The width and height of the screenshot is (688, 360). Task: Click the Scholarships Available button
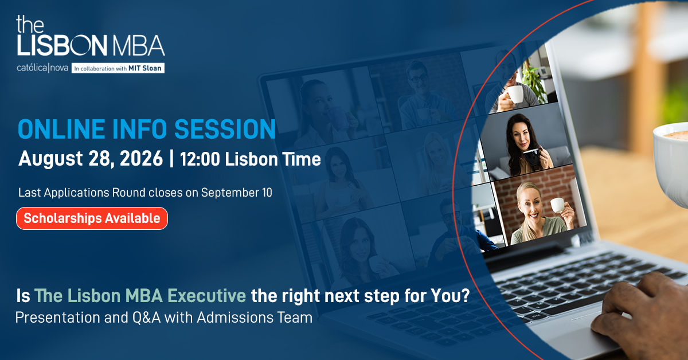pyautogui.click(x=92, y=218)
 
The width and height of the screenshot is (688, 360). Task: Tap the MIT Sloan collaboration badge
pyautogui.click(x=118, y=68)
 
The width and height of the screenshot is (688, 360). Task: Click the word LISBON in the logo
pyautogui.click(x=62, y=45)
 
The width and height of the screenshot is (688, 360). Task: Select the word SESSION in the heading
pyautogui.click(x=225, y=129)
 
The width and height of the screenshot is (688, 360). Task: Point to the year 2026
pyautogui.click(x=141, y=158)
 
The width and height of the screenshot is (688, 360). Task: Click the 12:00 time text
pyautogui.click(x=200, y=159)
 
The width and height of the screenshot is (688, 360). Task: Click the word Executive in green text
pyautogui.click(x=207, y=295)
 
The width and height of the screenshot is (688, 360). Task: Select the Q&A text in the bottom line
pyautogui.click(x=147, y=318)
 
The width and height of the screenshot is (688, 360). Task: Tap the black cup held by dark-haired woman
pyautogui.click(x=533, y=156)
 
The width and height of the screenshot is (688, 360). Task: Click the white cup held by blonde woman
pyautogui.click(x=558, y=205)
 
